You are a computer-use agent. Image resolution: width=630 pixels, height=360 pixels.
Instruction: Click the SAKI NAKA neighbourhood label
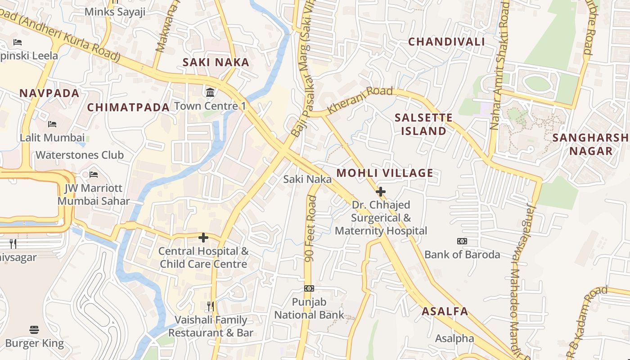point(216,63)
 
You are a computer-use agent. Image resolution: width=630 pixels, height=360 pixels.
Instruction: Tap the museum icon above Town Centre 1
point(210,93)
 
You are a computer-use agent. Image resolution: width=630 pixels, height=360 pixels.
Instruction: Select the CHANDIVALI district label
point(446,42)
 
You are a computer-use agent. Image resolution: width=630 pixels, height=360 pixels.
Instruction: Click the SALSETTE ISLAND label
point(423,124)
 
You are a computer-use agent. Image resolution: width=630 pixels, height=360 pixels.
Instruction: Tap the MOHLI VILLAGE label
point(385,173)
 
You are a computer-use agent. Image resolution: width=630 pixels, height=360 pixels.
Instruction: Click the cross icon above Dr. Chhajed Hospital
point(381,192)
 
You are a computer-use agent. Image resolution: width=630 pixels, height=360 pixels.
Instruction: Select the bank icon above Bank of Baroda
point(462,241)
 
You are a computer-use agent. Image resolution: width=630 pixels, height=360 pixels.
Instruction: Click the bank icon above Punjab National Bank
point(309,288)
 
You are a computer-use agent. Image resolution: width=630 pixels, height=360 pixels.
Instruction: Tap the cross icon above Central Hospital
point(203,238)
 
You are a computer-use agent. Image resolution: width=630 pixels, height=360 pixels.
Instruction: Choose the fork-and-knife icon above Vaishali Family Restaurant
point(211,306)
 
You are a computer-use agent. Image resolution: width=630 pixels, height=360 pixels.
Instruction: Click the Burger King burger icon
point(34,330)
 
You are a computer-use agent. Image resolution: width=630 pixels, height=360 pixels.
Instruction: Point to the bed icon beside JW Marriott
point(94,175)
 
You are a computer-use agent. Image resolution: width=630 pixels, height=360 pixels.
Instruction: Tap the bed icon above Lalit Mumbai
point(52,124)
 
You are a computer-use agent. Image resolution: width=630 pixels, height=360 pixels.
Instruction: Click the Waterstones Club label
point(79,155)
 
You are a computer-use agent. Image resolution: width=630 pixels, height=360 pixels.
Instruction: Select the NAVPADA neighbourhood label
point(49,94)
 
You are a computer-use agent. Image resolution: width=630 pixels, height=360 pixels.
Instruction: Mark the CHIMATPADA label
point(128,107)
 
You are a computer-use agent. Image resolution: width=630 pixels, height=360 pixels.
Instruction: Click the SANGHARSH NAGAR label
point(590,144)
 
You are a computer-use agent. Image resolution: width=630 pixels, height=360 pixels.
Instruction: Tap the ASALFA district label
point(445,311)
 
